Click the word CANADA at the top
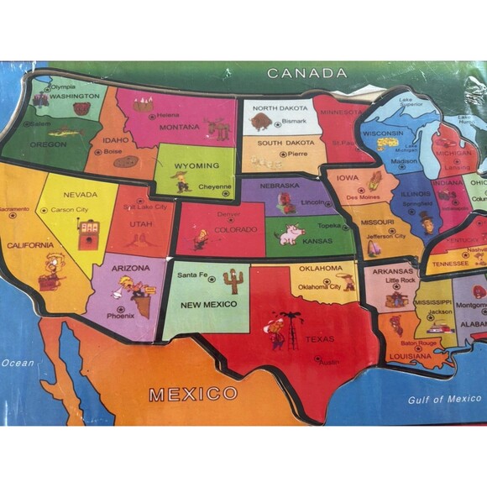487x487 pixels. point(306,73)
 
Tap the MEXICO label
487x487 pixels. point(193,393)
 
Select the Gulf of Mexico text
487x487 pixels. point(444,400)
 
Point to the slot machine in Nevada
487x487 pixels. point(86,234)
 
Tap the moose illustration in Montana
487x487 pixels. point(217,128)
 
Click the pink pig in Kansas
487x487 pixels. point(291,234)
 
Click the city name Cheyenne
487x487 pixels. point(214,188)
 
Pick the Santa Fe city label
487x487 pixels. point(186,275)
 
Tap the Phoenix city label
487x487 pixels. point(120,316)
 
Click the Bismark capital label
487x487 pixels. point(295,121)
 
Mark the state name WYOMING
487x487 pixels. point(196,165)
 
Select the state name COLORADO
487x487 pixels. point(229,229)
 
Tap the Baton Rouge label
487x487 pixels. point(419,343)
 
